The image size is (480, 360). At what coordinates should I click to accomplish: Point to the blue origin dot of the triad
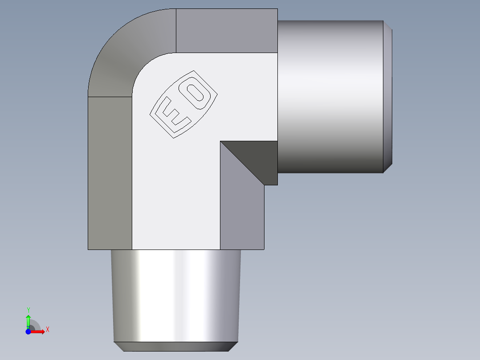click(x=28, y=331)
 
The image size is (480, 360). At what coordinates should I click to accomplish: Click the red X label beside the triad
click(x=47, y=330)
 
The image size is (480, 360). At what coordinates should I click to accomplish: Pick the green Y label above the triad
click(x=28, y=309)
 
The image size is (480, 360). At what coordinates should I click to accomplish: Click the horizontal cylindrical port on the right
click(x=329, y=96)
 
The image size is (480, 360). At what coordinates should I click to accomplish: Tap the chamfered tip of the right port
click(x=388, y=96)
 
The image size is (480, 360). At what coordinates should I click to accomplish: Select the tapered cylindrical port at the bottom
click(x=176, y=294)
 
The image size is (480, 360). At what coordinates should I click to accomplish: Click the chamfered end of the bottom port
click(x=176, y=347)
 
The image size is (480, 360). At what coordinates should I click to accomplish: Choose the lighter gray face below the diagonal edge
click(x=240, y=209)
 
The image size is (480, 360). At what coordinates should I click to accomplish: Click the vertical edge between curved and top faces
click(x=176, y=30)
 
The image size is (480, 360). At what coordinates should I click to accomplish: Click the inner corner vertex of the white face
click(x=220, y=141)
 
